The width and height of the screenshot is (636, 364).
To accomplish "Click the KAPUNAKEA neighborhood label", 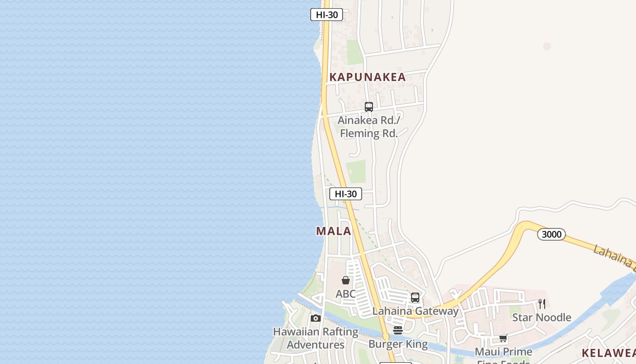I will tap(367, 77).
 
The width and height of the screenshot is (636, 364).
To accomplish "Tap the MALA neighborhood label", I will tap(334, 231).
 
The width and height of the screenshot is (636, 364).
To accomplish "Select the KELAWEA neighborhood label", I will tap(609, 353).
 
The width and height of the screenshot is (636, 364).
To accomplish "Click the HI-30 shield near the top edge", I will tap(327, 15).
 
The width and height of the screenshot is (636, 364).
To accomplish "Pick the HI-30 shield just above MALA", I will tap(346, 194).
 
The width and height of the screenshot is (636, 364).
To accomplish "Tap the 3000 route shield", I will tap(552, 234).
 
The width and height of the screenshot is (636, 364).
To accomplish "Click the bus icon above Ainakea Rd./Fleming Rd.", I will tap(369, 107).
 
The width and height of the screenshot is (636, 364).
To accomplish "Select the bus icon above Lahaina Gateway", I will tap(415, 298).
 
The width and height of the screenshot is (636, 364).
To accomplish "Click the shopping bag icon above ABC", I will tap(346, 280).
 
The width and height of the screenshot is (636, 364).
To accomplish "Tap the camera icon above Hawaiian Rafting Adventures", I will tap(316, 318).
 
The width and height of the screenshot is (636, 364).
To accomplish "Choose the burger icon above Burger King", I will tap(398, 330).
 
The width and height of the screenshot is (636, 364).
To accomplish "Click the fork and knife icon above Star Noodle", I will tap(542, 303).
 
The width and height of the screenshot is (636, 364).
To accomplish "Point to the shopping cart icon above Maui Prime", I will tap(503, 338).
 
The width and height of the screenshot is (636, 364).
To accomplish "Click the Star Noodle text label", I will tap(542, 317).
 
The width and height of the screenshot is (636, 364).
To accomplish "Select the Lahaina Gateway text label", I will tap(415, 311).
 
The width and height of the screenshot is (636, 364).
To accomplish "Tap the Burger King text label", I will tap(398, 344).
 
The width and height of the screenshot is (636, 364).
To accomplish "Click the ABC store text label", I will tap(346, 294).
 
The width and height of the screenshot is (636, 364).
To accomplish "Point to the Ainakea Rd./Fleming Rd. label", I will tap(369, 127).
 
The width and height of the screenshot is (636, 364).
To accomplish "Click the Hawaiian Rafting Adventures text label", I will tap(316, 338).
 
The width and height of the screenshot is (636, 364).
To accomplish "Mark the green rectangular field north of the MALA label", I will tap(356, 172).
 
